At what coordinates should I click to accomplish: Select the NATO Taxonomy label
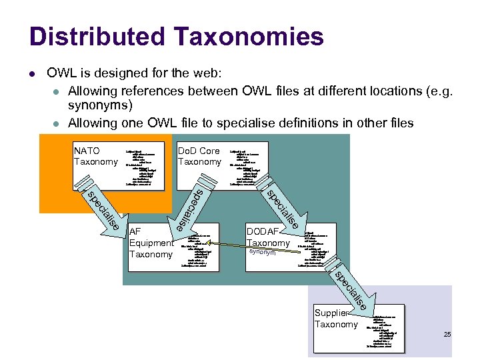click(x=95, y=156)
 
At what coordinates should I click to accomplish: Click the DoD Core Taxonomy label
click(x=199, y=156)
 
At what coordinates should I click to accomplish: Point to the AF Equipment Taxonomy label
click(x=151, y=243)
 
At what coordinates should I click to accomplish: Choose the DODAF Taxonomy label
click(x=268, y=237)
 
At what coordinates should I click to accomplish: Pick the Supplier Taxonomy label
click(x=336, y=319)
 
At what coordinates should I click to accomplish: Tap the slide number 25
click(x=448, y=333)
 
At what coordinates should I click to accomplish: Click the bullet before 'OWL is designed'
click(x=33, y=72)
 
